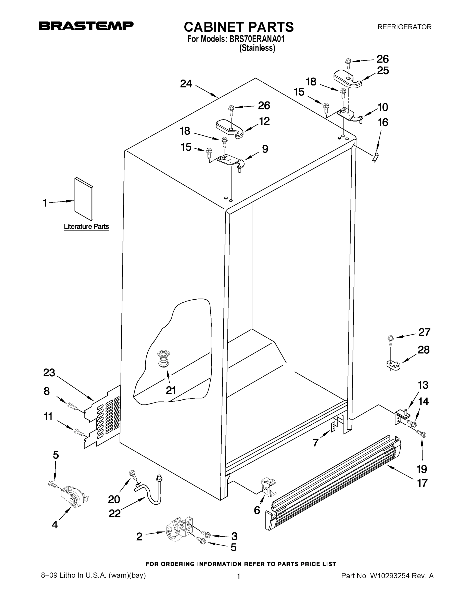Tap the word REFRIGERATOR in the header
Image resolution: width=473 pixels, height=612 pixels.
point(404,27)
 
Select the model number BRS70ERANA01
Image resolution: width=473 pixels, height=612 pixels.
point(257,39)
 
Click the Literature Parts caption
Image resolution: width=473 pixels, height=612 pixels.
point(86,226)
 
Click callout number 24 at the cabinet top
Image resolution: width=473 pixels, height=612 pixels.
point(186,83)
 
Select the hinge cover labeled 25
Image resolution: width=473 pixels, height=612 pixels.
point(348,79)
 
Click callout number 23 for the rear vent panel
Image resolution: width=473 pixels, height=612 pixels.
point(49,373)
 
